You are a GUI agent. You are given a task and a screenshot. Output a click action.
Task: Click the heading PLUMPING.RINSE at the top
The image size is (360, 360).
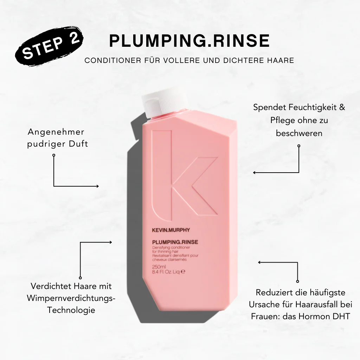(189, 41)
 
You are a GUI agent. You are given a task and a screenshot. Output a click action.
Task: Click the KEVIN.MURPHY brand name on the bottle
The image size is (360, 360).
(171, 230)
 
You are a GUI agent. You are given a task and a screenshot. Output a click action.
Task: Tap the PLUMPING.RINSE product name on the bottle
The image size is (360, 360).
(175, 242)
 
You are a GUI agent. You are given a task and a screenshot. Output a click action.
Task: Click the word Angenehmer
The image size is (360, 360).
(56, 132)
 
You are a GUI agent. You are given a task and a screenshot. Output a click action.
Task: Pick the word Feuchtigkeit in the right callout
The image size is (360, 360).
(307, 107)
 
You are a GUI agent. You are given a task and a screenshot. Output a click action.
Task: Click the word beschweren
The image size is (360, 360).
(299, 133)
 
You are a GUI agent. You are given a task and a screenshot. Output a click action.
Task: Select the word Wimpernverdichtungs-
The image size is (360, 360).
(71, 298)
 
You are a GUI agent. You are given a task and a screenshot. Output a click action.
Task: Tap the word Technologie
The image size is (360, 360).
(71, 310)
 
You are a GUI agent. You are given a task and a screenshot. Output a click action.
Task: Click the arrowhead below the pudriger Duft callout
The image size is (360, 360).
(97, 186)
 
